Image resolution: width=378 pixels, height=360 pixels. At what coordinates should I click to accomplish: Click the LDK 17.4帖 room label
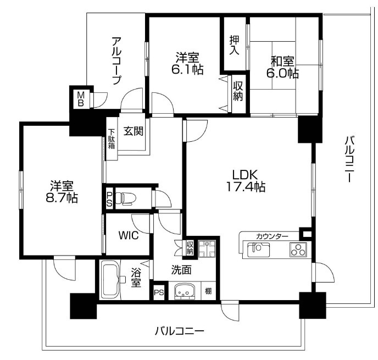point(246,181)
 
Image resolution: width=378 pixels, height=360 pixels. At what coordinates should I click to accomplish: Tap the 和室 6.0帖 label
point(282,67)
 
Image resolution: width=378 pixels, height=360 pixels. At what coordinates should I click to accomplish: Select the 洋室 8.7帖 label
point(62,192)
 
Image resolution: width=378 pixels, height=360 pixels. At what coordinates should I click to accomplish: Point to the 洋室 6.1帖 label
point(187,64)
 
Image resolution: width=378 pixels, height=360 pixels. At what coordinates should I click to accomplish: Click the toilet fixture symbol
point(126,198)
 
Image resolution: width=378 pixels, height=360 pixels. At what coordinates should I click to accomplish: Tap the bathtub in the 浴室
point(110,280)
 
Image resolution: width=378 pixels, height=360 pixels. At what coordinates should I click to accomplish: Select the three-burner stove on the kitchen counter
point(298,249)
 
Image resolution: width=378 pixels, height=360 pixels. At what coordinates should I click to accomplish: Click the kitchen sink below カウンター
point(258,250)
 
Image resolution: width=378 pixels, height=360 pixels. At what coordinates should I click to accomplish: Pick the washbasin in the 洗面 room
point(185,291)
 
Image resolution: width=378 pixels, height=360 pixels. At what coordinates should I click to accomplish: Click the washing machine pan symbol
point(207,248)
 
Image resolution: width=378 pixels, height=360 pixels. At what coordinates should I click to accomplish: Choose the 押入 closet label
point(234,45)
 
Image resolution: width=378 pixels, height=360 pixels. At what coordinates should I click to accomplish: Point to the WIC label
point(129,235)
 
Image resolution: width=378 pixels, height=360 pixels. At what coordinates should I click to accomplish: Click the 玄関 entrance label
point(134,131)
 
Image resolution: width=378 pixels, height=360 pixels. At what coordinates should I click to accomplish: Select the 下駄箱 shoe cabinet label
point(111,139)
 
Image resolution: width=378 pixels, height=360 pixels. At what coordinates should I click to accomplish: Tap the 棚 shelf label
point(208,291)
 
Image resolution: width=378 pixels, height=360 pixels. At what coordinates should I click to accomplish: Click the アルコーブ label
point(116,60)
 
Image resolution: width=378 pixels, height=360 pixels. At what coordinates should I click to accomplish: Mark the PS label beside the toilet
point(109,199)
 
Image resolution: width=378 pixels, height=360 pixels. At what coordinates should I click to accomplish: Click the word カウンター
point(272,236)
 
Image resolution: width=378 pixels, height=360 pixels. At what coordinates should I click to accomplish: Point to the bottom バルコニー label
point(179,331)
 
